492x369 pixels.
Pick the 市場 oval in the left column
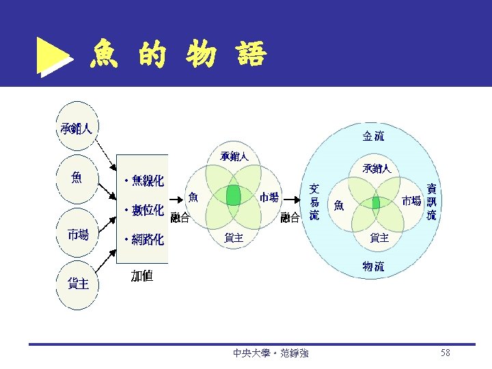coord(77,234)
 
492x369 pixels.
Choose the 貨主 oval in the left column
coord(77,283)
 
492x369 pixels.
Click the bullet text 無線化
coord(144,181)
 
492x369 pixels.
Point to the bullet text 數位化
coord(144,210)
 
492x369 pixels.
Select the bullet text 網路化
coord(144,240)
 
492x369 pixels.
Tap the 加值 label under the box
coord(142,276)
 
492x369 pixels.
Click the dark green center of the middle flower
coord(234,196)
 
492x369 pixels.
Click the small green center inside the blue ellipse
coord(376,203)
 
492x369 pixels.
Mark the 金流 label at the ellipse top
coord(373,136)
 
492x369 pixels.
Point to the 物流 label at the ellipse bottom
coord(373,266)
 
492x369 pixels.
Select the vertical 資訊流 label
coord(431,202)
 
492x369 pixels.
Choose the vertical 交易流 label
coord(314,202)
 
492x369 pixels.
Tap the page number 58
coord(446,353)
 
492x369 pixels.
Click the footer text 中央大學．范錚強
coord(270,353)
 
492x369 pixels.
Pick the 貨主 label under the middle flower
coord(234,237)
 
